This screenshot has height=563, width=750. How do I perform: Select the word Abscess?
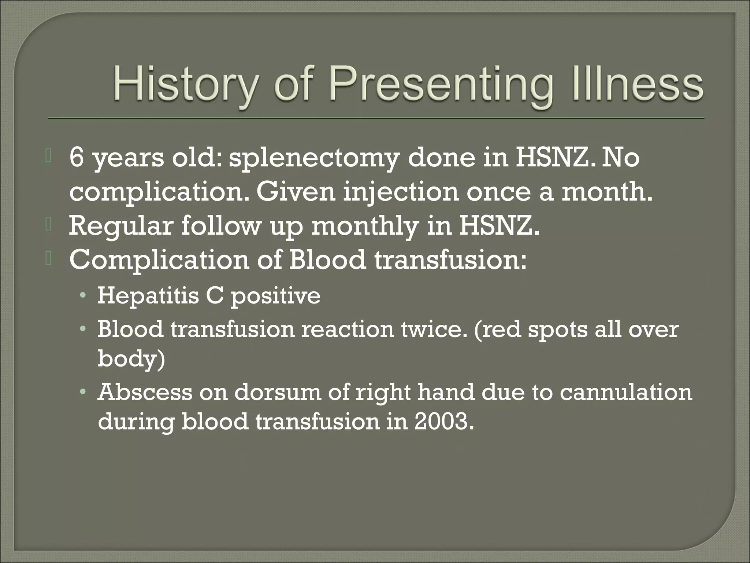coord(145,392)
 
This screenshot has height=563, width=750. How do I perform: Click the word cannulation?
coord(625,392)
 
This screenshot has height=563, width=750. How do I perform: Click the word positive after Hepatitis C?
coord(275,296)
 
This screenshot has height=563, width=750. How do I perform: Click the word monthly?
coord(365,227)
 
